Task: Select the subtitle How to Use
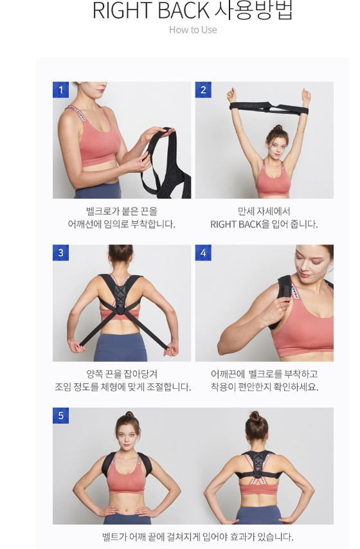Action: pos(193,30)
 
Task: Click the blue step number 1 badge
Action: pos(61,90)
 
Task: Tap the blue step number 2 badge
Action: pos(203,90)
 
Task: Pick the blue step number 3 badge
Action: pos(61,253)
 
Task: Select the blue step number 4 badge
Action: pos(203,253)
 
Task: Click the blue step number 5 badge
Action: pos(61,416)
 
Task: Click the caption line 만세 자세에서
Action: pos(264,211)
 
